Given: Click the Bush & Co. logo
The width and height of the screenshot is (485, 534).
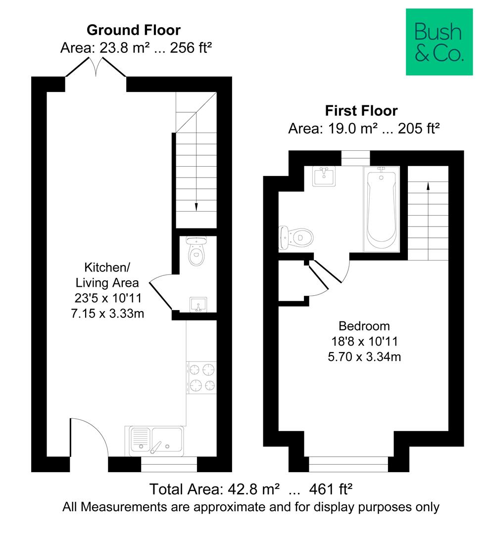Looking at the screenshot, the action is [x=439, y=42].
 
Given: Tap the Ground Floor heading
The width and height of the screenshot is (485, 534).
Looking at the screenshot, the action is [x=133, y=30].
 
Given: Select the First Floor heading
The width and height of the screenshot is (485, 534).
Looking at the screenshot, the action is [x=361, y=111].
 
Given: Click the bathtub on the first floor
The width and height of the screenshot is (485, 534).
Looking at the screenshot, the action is [x=382, y=209].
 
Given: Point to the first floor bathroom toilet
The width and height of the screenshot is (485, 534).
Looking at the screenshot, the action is [x=296, y=238].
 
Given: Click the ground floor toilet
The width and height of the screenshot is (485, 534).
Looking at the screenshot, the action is [x=196, y=251].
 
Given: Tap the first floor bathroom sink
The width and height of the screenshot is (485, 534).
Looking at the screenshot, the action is [x=324, y=176].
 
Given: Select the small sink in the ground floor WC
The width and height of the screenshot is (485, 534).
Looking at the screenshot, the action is [x=198, y=305].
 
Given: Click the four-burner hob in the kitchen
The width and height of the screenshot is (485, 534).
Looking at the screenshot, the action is [x=202, y=377].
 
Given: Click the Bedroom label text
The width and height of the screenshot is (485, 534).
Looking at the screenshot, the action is [x=364, y=326].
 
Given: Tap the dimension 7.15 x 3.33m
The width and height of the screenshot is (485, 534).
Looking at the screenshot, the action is [x=107, y=313].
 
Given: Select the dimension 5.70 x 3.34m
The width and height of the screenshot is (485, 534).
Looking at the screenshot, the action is [x=364, y=356].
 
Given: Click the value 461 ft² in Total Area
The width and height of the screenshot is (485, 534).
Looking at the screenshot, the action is [x=331, y=489].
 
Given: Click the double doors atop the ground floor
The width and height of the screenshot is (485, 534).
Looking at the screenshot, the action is [x=96, y=67].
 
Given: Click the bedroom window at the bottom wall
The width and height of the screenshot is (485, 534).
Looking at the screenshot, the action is [x=348, y=464].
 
